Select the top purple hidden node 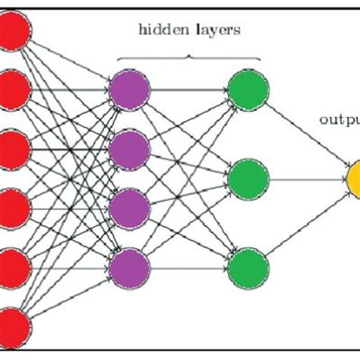(x=130, y=89)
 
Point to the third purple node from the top (x=130, y=206)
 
